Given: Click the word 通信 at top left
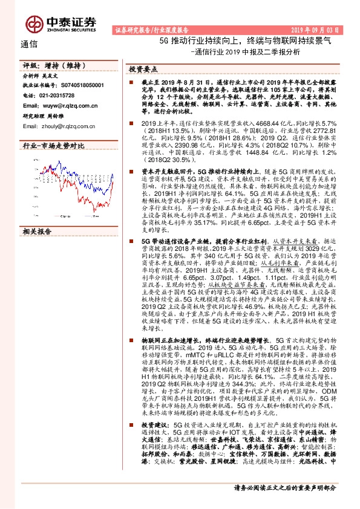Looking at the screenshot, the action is [30, 44].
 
